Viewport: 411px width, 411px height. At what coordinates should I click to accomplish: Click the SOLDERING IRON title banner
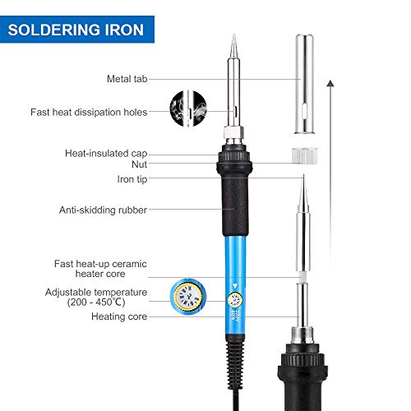pos(77,30)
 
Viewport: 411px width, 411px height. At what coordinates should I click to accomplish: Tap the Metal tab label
pos(127,79)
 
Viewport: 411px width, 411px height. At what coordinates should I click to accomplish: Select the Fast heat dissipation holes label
pos(89,112)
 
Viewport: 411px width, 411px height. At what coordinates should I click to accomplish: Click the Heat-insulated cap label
pos(106,154)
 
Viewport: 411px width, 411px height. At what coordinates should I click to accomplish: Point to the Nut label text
pos(140,164)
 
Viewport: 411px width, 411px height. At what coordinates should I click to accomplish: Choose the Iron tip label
pos(132,179)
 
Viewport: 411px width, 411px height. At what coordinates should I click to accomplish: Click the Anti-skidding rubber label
pos(103,210)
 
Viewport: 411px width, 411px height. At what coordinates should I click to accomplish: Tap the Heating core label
pos(119,316)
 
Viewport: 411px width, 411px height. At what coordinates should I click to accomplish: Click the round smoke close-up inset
pos(188,109)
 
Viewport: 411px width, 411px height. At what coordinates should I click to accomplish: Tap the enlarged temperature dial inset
pos(188,297)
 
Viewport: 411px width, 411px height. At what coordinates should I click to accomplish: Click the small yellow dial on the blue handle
pos(235,300)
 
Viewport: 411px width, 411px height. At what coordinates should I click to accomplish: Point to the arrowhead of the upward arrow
pos(330,83)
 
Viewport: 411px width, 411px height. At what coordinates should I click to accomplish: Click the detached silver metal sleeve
pos(304,84)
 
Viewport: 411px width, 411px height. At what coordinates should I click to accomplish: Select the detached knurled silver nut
pos(304,156)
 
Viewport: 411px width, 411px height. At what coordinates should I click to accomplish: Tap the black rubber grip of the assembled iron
pos(235,205)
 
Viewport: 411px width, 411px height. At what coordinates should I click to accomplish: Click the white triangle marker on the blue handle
pos(235,286)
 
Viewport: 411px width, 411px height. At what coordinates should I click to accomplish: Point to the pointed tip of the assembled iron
pos(234,35)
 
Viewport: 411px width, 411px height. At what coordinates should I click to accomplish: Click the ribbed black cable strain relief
pos(235,364)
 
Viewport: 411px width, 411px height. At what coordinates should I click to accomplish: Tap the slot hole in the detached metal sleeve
pos(304,111)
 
